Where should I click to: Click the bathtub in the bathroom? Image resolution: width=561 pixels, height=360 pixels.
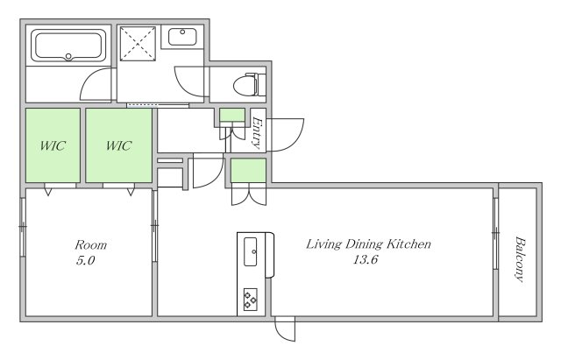(x=68, y=46)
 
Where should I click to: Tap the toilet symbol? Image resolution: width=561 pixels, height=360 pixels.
(x=249, y=85)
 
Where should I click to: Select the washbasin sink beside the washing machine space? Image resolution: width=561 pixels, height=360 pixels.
(x=182, y=37)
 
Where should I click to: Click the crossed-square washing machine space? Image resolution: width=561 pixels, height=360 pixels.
(x=138, y=44)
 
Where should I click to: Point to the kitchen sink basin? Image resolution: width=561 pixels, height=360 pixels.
(x=250, y=251)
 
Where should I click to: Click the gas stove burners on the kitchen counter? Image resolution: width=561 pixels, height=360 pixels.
(x=250, y=299)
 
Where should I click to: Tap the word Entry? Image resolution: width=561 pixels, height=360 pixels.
(x=257, y=132)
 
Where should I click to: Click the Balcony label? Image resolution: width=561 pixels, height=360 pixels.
(x=520, y=259)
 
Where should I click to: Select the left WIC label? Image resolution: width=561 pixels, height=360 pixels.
(x=53, y=145)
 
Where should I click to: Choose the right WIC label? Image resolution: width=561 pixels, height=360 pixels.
(x=119, y=145)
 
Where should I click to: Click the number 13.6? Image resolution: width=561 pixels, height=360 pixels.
(x=366, y=259)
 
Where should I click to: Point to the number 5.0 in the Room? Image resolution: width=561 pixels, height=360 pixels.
(x=85, y=261)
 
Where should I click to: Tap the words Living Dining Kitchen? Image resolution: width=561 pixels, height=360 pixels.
(x=368, y=244)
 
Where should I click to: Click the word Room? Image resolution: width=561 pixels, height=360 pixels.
(x=91, y=245)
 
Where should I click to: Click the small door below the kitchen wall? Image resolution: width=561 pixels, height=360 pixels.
(x=285, y=329)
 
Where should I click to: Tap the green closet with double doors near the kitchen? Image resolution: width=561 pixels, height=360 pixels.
(x=248, y=171)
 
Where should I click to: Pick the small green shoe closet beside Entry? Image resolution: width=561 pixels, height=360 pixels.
(x=232, y=115)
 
